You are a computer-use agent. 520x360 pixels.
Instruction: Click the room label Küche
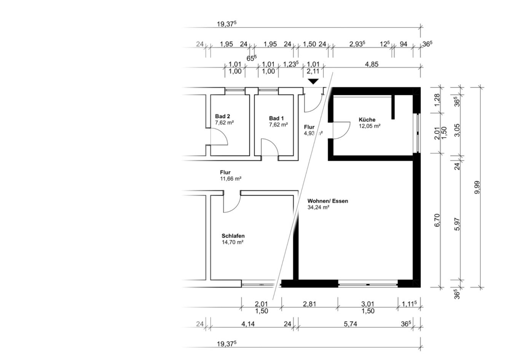[367, 120]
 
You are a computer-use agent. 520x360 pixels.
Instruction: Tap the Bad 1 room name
[276, 118]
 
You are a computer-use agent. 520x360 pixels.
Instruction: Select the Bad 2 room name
[222, 116]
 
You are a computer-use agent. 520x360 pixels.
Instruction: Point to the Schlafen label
[233, 236]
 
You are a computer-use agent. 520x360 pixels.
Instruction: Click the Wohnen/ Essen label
[327, 201]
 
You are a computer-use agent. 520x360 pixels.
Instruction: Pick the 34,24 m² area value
[318, 207]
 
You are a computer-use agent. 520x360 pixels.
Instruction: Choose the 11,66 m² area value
[231, 179]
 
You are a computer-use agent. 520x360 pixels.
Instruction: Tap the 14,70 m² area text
[232, 242]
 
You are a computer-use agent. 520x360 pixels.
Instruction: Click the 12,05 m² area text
[370, 126]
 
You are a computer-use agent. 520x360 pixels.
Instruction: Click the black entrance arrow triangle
[313, 81]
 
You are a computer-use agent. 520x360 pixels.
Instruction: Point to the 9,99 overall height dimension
[477, 187]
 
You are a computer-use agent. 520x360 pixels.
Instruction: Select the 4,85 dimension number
[372, 64]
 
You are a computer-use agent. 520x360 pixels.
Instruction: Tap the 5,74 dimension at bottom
[350, 323]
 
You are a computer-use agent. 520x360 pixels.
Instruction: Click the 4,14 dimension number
[248, 323]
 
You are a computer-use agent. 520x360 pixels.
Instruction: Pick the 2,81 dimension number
[309, 304]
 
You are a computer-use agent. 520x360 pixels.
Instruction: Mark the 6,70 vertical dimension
[437, 220]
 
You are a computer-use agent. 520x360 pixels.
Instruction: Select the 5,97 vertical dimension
[457, 224]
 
